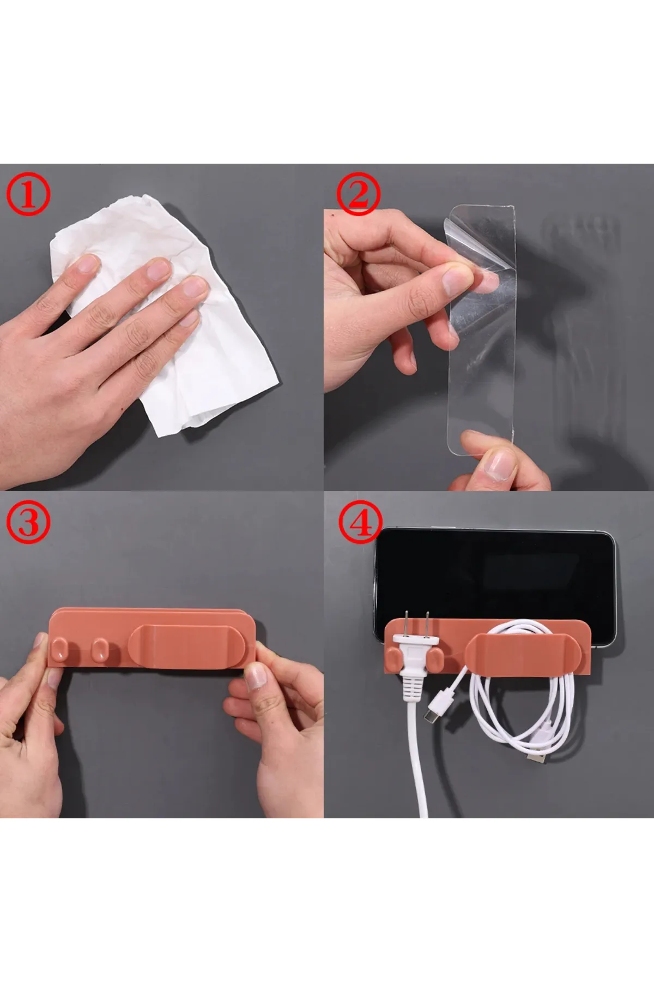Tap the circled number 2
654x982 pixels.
[358, 197]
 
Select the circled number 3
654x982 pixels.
[28, 523]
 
